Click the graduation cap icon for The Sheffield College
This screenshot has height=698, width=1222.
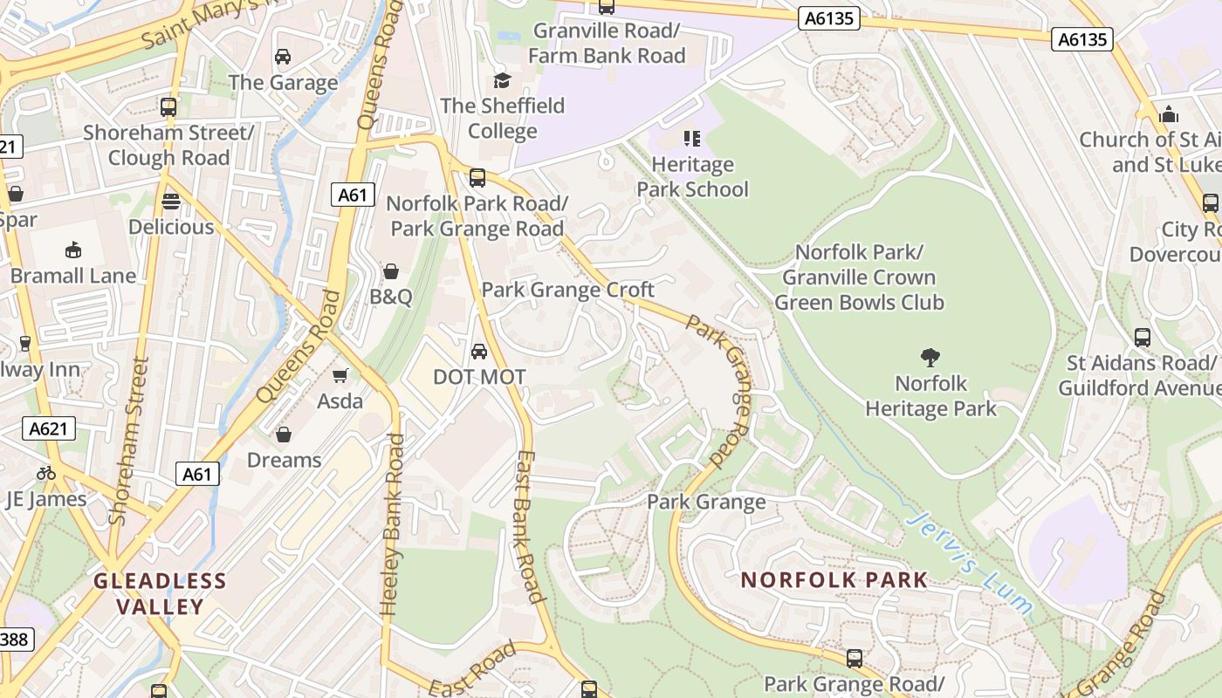tap(502, 80)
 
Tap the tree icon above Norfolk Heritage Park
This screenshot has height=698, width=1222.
tap(930, 356)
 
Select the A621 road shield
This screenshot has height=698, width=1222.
tap(49, 428)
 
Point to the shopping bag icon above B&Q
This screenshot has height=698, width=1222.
tap(391, 271)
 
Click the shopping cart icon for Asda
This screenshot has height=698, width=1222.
tap(340, 375)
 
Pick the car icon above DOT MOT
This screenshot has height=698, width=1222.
tap(479, 351)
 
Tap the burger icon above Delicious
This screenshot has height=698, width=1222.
tap(171, 202)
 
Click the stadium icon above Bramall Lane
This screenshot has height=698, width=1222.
tap(73, 250)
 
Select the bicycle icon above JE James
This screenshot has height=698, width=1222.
tap(46, 473)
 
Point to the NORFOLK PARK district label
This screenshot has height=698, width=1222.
tap(834, 580)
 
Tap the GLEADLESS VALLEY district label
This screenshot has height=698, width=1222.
tap(160, 593)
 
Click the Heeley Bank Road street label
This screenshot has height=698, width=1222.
tap(393, 525)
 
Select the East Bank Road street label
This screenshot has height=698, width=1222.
tap(529, 527)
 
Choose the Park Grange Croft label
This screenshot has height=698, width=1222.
tap(568, 290)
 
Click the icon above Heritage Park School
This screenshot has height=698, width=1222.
tap(692, 138)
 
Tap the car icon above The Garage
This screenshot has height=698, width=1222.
tap(283, 57)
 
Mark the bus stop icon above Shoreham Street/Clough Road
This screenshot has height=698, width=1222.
tap(168, 107)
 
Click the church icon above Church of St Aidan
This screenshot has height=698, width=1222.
tap(1168, 114)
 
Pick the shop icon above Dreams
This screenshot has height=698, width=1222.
tap(284, 435)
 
